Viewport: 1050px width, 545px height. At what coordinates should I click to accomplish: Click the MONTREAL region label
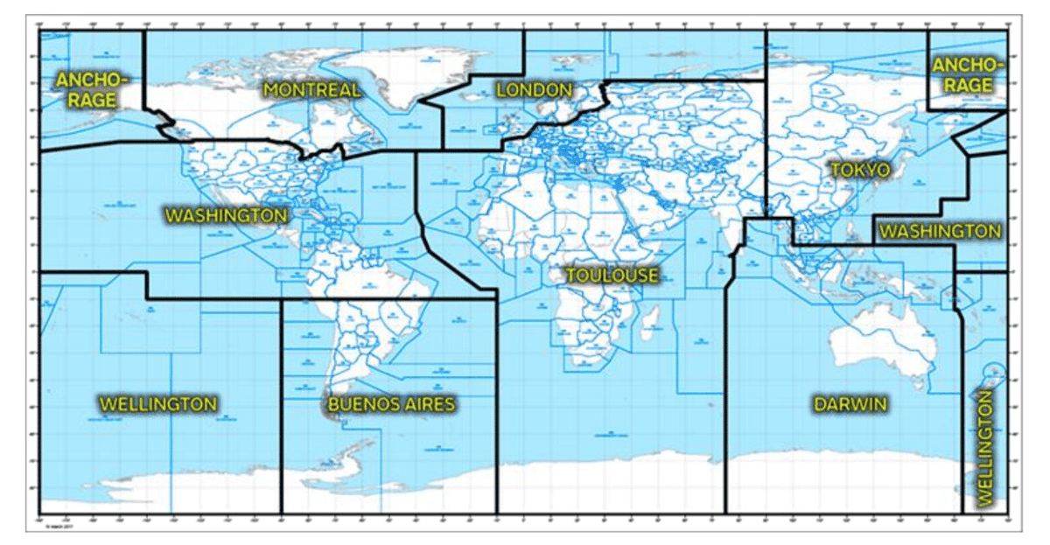311,90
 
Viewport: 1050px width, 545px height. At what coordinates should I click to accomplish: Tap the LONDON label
534,90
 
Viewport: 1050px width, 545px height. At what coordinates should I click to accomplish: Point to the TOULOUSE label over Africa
612,276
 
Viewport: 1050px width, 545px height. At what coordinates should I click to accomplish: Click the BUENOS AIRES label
391,404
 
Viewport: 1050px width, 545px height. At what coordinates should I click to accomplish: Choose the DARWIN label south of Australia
850,404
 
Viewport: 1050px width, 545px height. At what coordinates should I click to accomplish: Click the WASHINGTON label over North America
227,215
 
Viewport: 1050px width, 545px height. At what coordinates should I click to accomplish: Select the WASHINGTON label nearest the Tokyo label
940,232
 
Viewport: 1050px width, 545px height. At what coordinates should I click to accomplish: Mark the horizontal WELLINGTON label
157,404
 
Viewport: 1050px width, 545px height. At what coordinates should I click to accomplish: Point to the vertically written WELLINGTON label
985,448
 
